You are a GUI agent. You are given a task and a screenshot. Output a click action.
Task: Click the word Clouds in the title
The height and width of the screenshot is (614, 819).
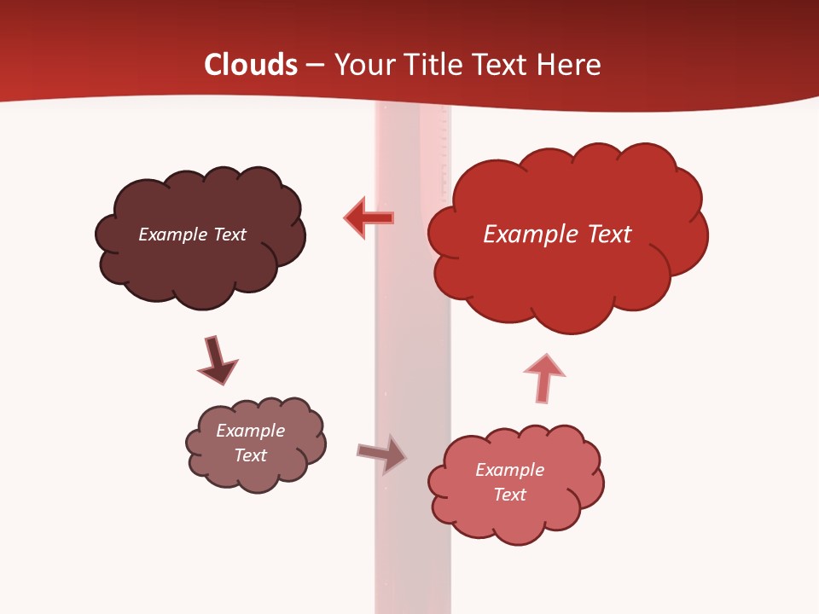pos(250,64)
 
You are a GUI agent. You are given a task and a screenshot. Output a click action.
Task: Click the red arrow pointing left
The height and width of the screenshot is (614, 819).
pos(369,218)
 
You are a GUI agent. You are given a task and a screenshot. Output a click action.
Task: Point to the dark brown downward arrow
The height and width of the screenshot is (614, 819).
pos(217,360)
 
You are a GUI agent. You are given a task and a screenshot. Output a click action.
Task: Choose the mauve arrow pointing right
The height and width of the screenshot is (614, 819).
pos(381,454)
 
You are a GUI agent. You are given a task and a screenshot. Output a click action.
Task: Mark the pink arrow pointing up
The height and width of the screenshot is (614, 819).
pos(543,378)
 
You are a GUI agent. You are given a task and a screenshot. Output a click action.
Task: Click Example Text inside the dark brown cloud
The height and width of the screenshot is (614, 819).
pos(192,235)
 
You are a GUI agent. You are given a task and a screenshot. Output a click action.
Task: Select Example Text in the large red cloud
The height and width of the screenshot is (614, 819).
pos(557,235)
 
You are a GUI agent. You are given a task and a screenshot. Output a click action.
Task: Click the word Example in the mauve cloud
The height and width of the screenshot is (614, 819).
pos(250,431)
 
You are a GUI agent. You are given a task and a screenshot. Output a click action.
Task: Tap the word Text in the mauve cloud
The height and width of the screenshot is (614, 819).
pos(250,455)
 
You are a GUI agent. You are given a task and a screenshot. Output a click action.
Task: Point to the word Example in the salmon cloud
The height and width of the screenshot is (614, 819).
pos(509,470)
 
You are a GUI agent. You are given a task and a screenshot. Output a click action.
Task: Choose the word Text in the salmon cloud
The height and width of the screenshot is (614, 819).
pos(509,495)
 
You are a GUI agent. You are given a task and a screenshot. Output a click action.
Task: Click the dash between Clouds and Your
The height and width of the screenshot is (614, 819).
pos(314,65)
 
